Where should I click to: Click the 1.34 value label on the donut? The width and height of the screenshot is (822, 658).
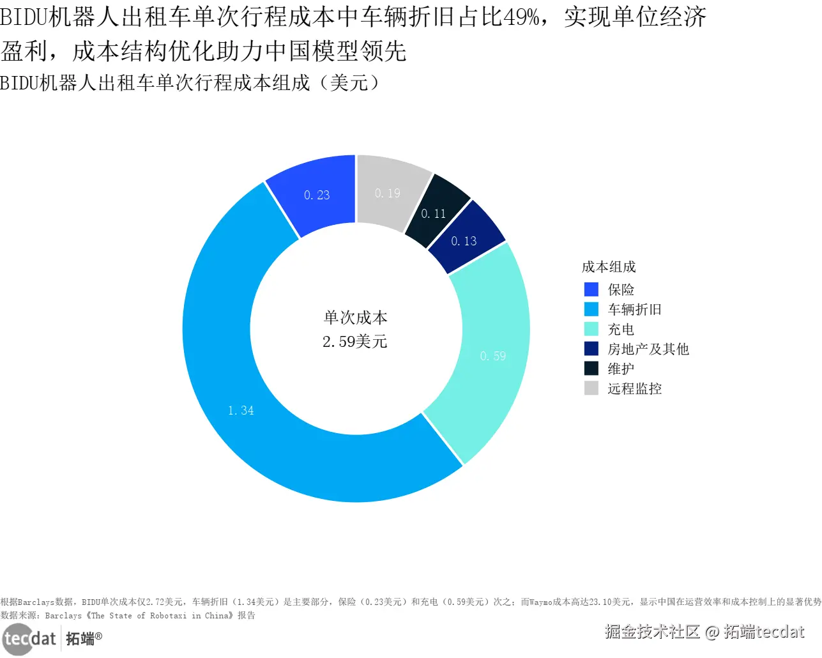pyautogui.click(x=241, y=411)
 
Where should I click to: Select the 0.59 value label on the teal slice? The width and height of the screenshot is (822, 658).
pyautogui.click(x=492, y=356)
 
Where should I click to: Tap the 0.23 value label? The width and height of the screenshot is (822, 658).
pyautogui.click(x=317, y=195)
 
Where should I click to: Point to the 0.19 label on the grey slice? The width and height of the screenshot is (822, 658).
pyautogui.click(x=388, y=194)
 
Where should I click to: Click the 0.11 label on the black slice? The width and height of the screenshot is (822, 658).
pyautogui.click(x=434, y=214)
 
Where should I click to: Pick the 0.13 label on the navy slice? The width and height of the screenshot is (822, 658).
pyautogui.click(x=464, y=241)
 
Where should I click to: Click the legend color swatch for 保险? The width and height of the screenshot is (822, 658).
pyautogui.click(x=591, y=289)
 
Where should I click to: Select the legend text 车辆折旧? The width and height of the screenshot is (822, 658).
pyautogui.click(x=634, y=310)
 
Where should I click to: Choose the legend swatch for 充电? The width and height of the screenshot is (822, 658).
pyautogui.click(x=591, y=329)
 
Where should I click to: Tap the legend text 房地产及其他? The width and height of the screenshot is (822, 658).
pyautogui.click(x=648, y=349)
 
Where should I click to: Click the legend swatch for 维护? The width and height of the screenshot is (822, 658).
pyautogui.click(x=591, y=369)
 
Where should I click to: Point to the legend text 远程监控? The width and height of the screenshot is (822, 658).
pyautogui.click(x=634, y=389)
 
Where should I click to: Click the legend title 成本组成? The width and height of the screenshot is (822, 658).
pyautogui.click(x=609, y=267)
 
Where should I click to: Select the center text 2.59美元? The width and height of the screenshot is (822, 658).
pyautogui.click(x=355, y=342)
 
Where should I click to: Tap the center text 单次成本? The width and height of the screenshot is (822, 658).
pyautogui.click(x=355, y=318)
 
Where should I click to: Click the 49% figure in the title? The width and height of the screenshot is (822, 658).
pyautogui.click(x=521, y=17)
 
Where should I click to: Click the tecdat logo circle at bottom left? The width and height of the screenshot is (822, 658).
pyautogui.click(x=17, y=638)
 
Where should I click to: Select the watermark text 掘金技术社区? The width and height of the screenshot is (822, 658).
pyautogui.click(x=652, y=632)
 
